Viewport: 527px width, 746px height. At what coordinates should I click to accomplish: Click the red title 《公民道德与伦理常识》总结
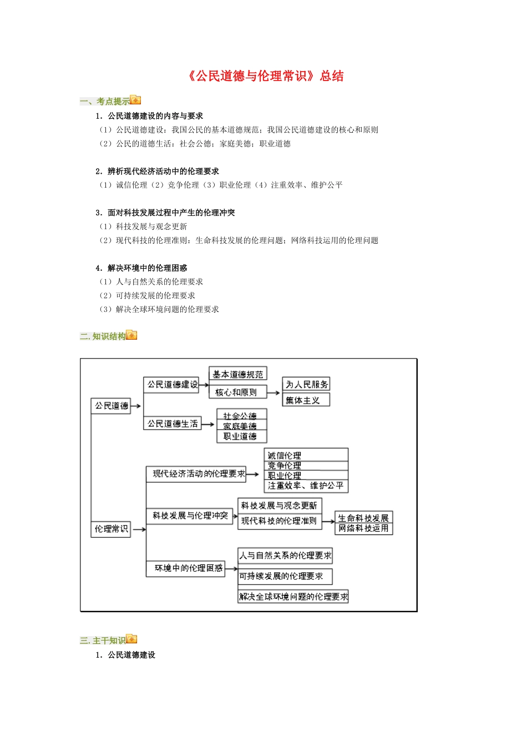[266, 76]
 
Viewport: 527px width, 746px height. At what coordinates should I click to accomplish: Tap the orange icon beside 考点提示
[135, 100]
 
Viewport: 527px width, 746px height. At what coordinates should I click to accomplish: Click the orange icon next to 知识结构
[131, 335]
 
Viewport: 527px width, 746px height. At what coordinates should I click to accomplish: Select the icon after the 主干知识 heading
[131, 639]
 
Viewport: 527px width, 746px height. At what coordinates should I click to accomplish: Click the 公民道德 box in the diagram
[111, 406]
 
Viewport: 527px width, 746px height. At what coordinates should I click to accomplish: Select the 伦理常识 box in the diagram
[111, 529]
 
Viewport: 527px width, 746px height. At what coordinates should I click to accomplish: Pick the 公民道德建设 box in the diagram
[172, 384]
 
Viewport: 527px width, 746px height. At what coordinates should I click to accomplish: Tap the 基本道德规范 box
[237, 374]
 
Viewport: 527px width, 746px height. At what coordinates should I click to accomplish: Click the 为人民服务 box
[306, 384]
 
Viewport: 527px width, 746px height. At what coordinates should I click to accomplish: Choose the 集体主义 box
[306, 400]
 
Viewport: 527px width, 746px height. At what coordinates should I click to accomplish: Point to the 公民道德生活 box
[172, 424]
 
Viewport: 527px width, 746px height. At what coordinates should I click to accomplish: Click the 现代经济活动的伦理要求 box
[196, 474]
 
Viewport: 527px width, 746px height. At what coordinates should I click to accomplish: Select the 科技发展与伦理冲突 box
[190, 516]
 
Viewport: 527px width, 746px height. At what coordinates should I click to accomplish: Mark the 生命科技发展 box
[363, 518]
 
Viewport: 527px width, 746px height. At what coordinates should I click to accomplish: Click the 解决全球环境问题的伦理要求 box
[293, 597]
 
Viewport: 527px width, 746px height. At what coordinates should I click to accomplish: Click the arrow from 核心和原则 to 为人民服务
[274, 392]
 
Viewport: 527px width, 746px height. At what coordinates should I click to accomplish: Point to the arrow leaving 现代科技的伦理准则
[328, 522]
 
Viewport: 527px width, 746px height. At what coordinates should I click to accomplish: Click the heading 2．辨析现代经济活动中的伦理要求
[157, 172]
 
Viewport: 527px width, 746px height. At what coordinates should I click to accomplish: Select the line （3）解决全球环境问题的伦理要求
[159, 310]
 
